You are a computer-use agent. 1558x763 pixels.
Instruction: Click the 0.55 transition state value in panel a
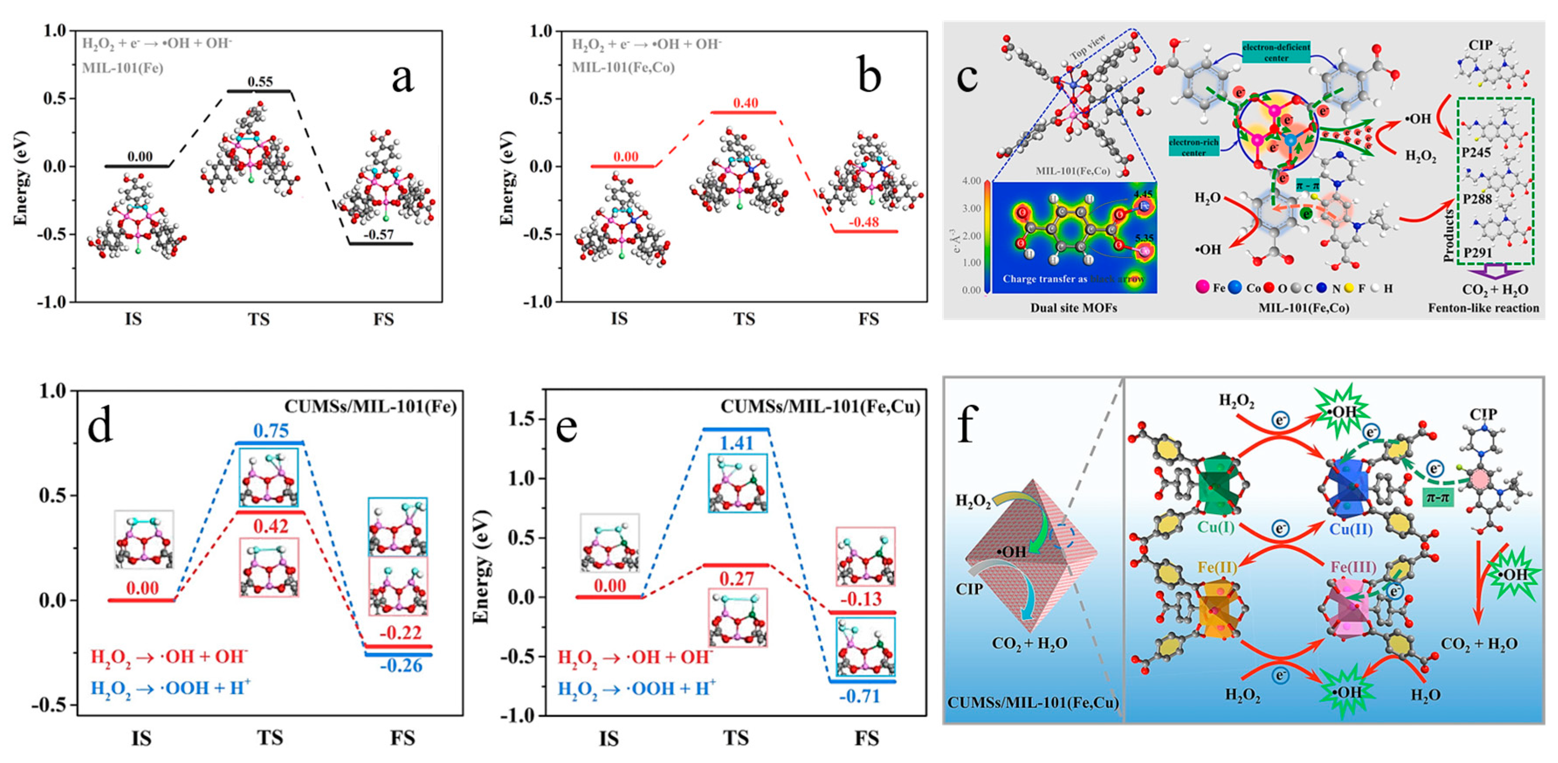tap(260, 82)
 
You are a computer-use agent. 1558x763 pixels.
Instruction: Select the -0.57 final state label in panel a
tap(379, 234)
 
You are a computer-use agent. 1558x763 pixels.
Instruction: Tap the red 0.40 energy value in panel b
tap(745, 103)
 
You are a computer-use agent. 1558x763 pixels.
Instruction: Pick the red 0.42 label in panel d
tap(270, 526)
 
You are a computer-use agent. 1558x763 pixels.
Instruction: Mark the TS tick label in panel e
tap(736, 738)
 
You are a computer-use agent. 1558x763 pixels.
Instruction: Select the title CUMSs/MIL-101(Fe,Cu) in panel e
tap(819, 407)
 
